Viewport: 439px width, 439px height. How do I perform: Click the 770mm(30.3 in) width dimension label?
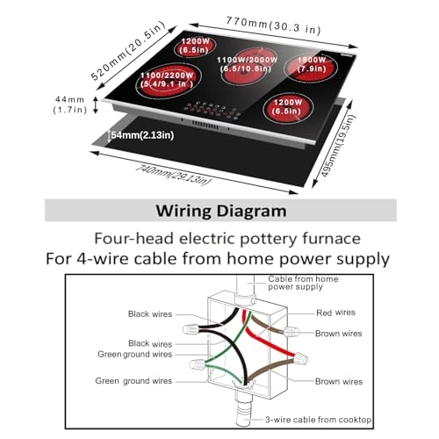273,25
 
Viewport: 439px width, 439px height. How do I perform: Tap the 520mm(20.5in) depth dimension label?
128,50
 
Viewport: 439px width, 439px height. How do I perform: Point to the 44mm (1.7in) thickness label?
70,104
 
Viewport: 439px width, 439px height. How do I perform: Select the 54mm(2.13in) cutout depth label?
142,135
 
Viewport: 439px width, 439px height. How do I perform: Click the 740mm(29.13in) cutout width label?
173,175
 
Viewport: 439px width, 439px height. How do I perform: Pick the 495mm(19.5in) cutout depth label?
338,146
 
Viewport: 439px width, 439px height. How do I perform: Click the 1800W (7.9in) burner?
311,68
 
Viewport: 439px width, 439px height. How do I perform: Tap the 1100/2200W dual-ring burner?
169,80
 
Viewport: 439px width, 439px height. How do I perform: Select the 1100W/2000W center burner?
247,67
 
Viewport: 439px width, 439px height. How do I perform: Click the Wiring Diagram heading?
221,211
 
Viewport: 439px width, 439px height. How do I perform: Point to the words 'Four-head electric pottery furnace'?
227,239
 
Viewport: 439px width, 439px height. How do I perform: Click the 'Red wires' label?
335,313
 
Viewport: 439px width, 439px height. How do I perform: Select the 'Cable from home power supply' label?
303,283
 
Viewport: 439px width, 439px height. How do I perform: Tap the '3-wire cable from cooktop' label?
319,420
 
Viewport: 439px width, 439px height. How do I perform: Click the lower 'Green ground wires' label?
133,381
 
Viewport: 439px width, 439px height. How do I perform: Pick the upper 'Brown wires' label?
338,334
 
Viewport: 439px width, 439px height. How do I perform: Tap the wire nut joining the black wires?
191,329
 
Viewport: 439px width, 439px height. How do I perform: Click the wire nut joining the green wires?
198,364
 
